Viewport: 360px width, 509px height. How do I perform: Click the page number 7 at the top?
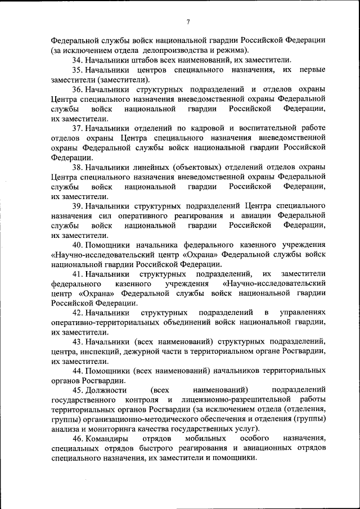click(x=188, y=22)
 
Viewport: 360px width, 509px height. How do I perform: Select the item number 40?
click(x=78, y=245)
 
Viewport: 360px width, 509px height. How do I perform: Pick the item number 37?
click(x=78, y=127)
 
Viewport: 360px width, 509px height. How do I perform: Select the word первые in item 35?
click(x=312, y=69)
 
